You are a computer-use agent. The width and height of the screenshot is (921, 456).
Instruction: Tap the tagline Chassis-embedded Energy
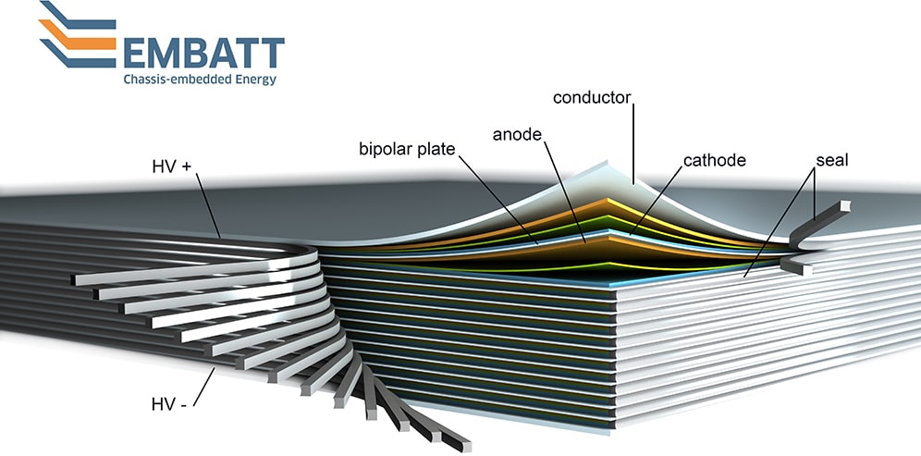tap(199, 80)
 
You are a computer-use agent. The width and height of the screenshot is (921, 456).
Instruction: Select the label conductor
tap(591, 97)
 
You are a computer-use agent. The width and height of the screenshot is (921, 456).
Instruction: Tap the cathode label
tap(713, 160)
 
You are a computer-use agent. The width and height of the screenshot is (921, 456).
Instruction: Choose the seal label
tap(830, 159)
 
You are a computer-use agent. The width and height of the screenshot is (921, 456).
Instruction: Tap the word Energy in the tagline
tap(251, 80)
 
